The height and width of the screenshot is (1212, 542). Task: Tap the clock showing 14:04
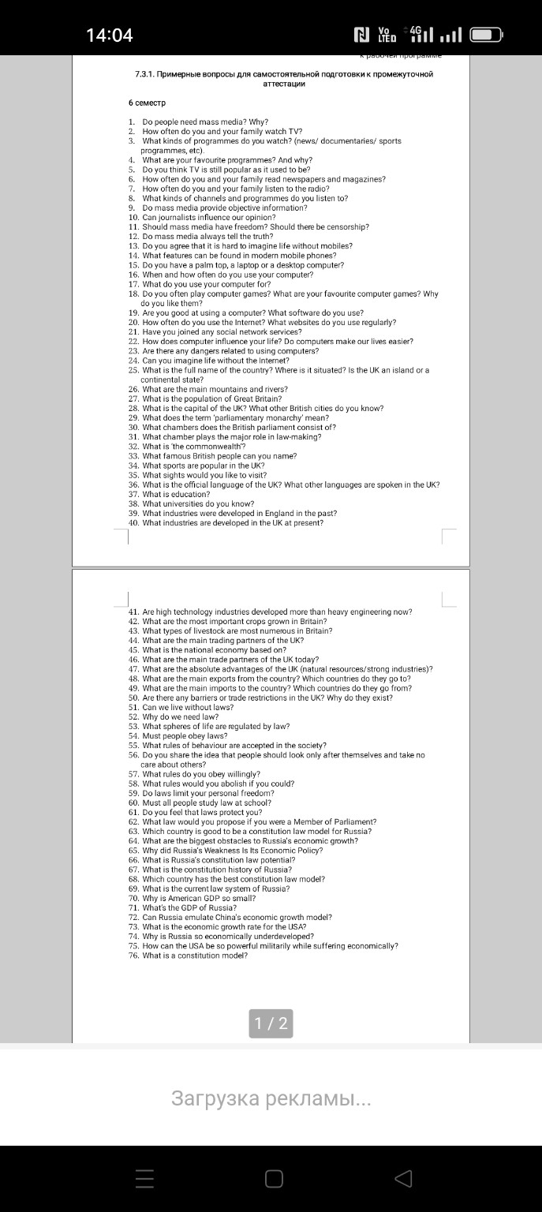[x=109, y=35]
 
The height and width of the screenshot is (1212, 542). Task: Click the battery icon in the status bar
[x=486, y=35]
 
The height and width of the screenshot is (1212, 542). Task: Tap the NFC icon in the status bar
[x=362, y=35]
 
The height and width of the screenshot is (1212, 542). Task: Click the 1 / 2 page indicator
[x=271, y=1024]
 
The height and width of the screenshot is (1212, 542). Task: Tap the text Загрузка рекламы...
[x=271, y=1098]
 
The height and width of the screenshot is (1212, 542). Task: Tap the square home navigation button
[x=274, y=1179]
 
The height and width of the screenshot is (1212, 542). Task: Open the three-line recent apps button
[x=144, y=1179]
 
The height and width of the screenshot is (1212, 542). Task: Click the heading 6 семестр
[x=147, y=103]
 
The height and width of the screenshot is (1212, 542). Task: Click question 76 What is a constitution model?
[x=194, y=956]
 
